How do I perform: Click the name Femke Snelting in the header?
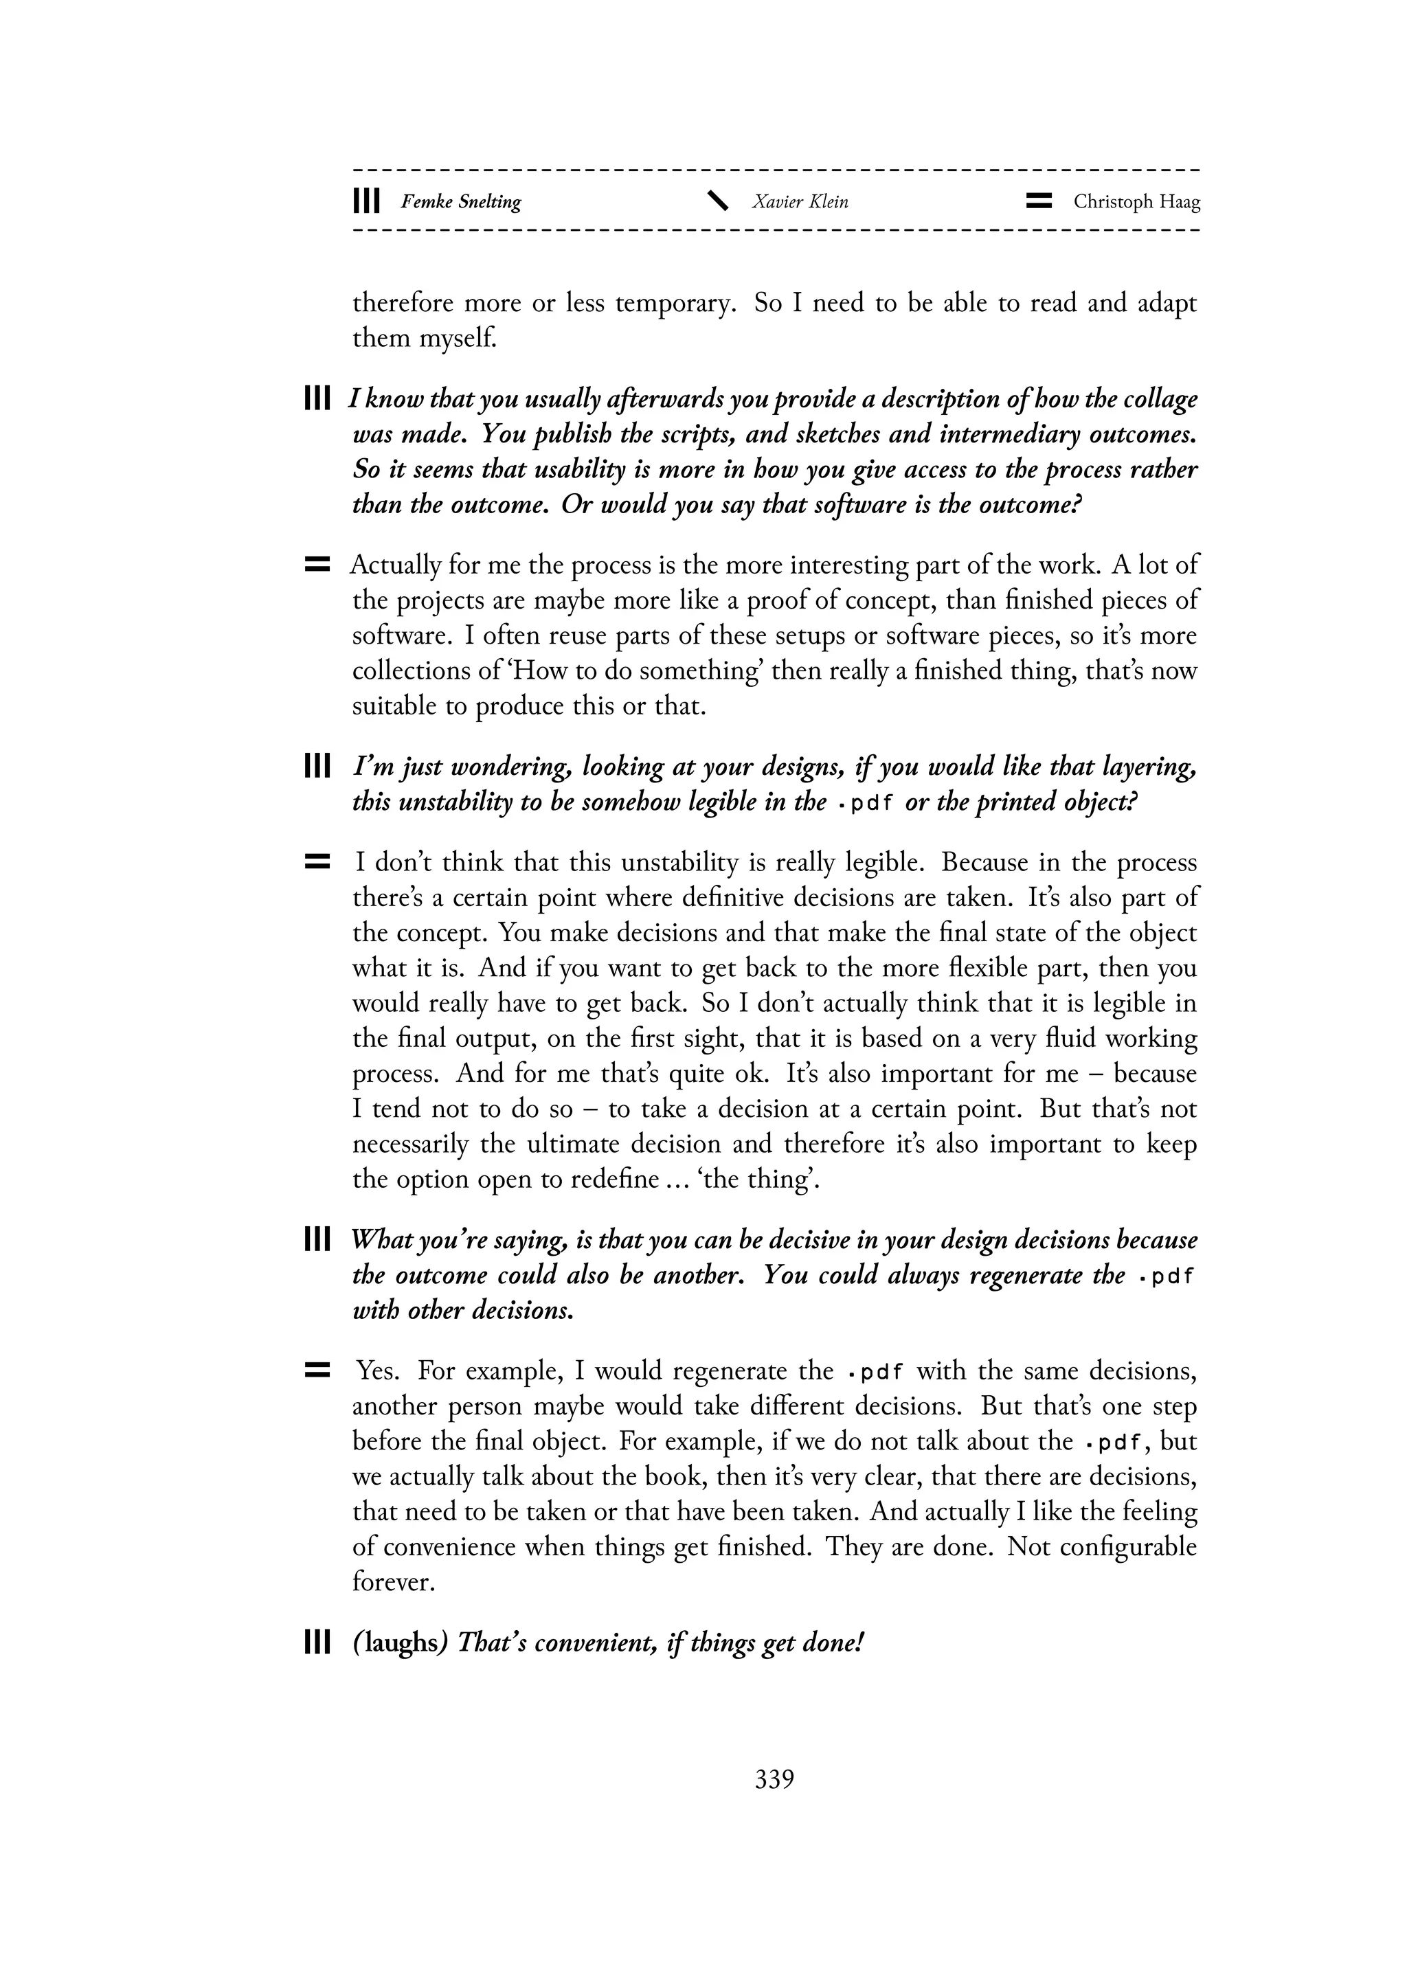pos(460,202)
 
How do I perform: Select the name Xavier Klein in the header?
pos(800,202)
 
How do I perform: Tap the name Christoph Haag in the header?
pos(1137,202)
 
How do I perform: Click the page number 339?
pos(774,1779)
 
